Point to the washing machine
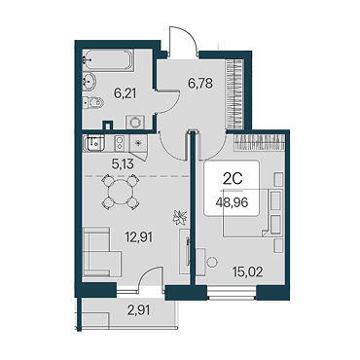tap(135, 122)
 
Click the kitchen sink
tap(93, 143)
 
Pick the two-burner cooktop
tap(120, 143)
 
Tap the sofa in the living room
tap(101, 252)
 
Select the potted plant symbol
tap(180, 217)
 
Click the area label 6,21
tap(125, 94)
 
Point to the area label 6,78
tap(200, 83)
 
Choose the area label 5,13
tap(123, 164)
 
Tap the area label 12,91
tap(138, 237)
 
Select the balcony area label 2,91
tap(138, 310)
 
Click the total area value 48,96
tap(232, 203)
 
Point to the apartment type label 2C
tap(233, 179)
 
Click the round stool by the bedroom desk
tap(212, 262)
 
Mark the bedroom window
tap(232, 292)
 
